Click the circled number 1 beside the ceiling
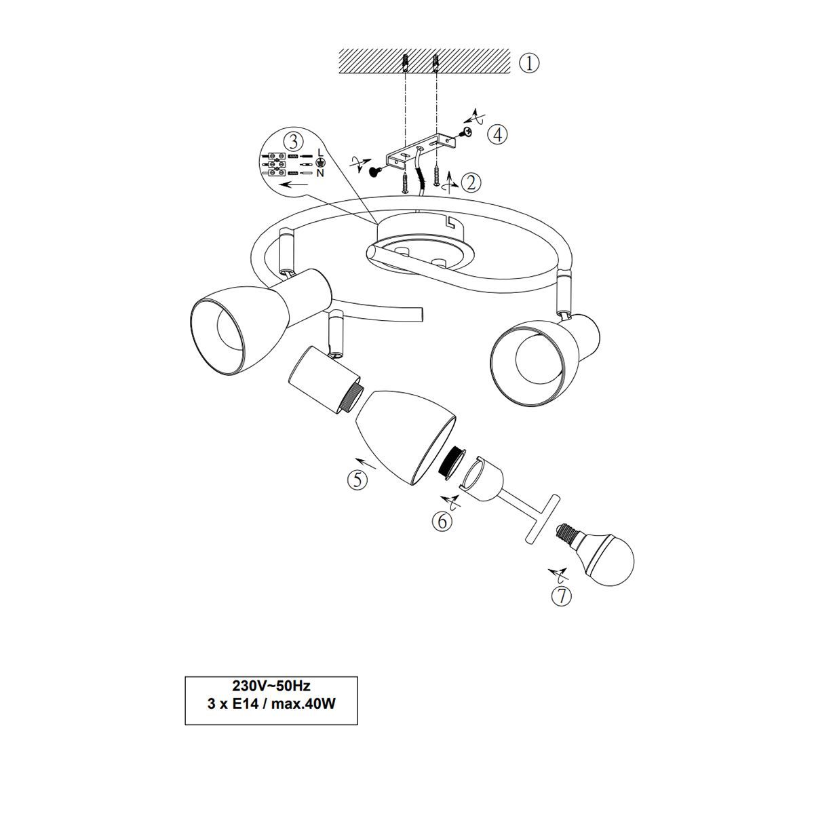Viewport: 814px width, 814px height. pos(529,63)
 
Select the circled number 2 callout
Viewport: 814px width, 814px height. pos(471,182)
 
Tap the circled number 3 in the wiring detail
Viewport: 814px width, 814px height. pos(293,142)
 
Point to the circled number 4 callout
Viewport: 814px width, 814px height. pos(498,134)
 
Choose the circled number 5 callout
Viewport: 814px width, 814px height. pos(357,480)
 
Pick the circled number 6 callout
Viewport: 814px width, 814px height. pos(442,522)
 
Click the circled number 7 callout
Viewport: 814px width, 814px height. pos(562,596)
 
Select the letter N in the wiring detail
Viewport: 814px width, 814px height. pos(320,173)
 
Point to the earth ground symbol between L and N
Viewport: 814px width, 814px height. pos(320,163)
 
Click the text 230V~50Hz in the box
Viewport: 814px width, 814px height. pos(271,684)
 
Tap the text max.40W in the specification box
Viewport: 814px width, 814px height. pos(303,704)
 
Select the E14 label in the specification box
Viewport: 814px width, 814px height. pos(245,704)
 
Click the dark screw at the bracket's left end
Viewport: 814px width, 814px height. pos(376,171)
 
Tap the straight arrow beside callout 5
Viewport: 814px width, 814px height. pos(366,463)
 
